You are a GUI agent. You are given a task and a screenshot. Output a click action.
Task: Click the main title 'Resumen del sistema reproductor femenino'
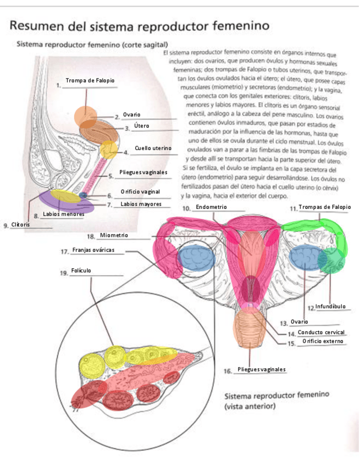click(x=140, y=26)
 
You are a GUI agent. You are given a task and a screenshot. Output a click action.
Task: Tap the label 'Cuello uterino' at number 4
click(x=153, y=149)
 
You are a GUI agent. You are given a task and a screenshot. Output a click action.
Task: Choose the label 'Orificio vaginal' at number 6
click(x=140, y=191)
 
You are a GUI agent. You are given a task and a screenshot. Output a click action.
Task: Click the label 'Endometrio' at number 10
click(x=211, y=207)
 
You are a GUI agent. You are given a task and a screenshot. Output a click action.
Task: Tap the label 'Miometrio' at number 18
click(x=114, y=236)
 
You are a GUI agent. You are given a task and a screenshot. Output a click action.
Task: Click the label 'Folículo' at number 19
click(x=81, y=271)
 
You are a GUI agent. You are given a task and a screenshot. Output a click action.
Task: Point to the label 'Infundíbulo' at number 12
click(x=330, y=306)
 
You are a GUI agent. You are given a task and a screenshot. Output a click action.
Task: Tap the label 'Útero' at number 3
click(x=141, y=126)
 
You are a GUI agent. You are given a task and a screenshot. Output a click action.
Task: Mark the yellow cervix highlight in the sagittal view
click(x=108, y=149)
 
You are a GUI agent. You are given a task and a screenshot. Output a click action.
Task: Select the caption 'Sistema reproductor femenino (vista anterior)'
click(x=277, y=401)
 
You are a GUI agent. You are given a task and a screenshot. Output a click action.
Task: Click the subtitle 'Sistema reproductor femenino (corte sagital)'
click(x=92, y=44)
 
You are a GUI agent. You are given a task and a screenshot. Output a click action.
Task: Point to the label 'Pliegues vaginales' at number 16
click(x=262, y=369)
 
